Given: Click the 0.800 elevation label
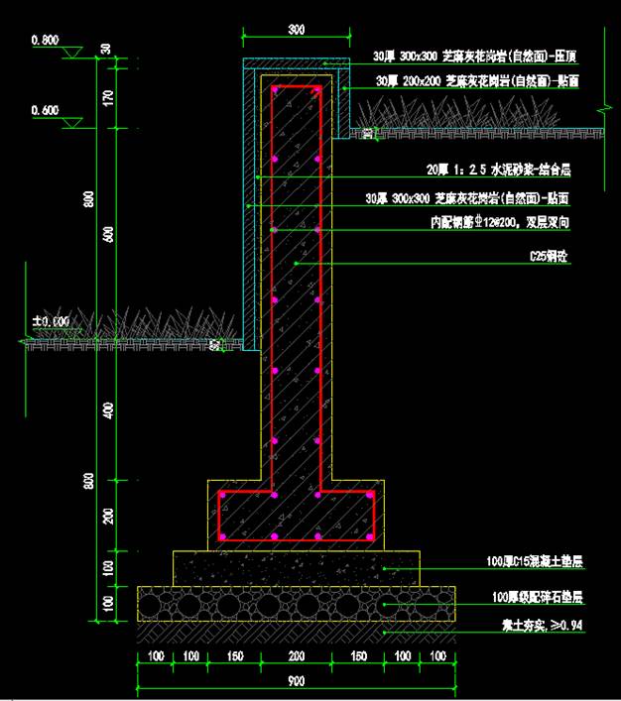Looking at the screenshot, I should (x=45, y=41).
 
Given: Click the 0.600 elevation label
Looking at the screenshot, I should (x=45, y=109).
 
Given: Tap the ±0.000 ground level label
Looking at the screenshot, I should (x=51, y=321).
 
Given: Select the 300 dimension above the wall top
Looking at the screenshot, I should (x=297, y=30).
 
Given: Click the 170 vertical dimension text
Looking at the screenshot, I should (x=108, y=97).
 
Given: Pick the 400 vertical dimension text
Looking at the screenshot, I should (x=108, y=410).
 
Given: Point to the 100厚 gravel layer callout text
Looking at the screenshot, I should (x=537, y=598).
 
